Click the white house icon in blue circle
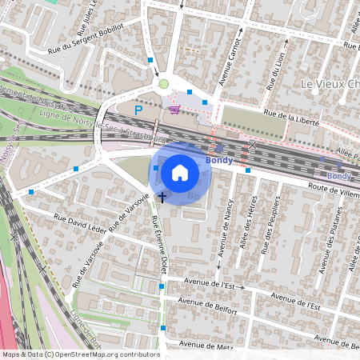[x=180, y=172]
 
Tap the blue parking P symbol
[x=138, y=109]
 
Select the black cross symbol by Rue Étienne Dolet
[x=162, y=196]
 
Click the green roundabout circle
[x=164, y=83]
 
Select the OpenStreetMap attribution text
[x=80, y=354]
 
